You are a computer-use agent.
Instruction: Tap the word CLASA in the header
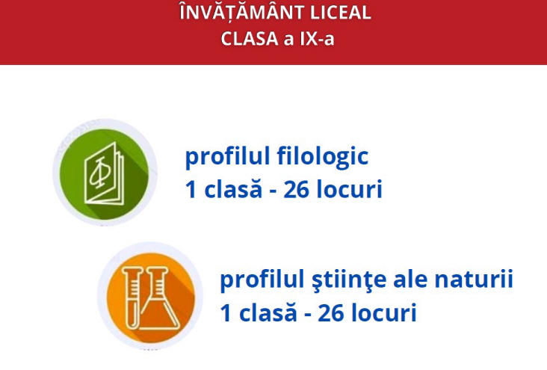pos(249,38)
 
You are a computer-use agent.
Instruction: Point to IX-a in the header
pos(317,38)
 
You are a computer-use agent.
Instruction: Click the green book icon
pos(105,173)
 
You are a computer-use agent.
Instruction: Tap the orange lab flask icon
pos(150,297)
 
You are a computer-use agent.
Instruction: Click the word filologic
pos(323,156)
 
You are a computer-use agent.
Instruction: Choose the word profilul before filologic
pos(228,157)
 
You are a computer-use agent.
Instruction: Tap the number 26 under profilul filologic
pos(296,190)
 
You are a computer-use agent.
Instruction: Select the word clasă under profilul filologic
pos(232,188)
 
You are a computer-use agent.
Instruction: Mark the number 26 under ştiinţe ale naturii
pos(331,312)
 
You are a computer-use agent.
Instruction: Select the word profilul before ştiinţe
pos(262,280)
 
